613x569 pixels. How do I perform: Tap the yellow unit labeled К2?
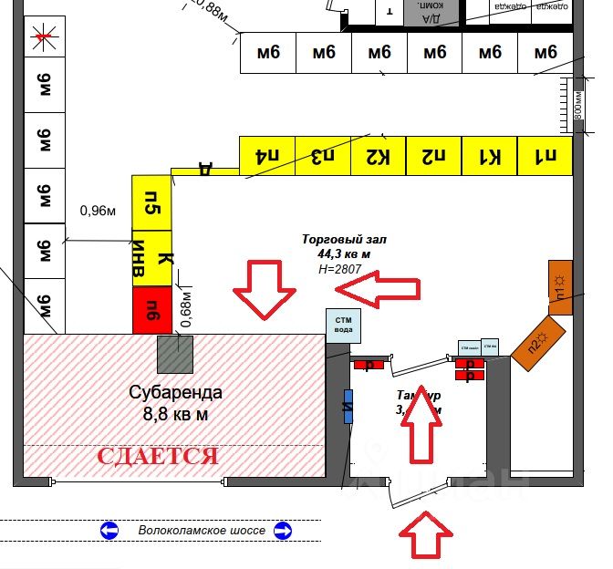(379, 156)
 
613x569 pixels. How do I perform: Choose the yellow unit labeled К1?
(490, 156)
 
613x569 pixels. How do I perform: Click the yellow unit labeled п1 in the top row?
(545, 156)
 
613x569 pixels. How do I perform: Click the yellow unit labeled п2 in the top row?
(434, 156)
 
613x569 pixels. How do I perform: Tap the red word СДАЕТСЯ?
(158, 455)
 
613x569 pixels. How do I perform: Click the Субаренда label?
(175, 393)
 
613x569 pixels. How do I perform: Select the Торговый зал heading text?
(345, 240)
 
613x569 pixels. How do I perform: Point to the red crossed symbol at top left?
(42, 38)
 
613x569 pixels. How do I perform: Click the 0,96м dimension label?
(99, 211)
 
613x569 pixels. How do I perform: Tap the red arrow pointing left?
(378, 289)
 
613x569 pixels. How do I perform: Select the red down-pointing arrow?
(265, 289)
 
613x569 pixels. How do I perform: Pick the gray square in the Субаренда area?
(175, 354)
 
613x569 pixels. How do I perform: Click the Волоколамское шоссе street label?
(202, 530)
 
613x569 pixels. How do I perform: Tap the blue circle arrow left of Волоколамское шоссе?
(109, 530)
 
